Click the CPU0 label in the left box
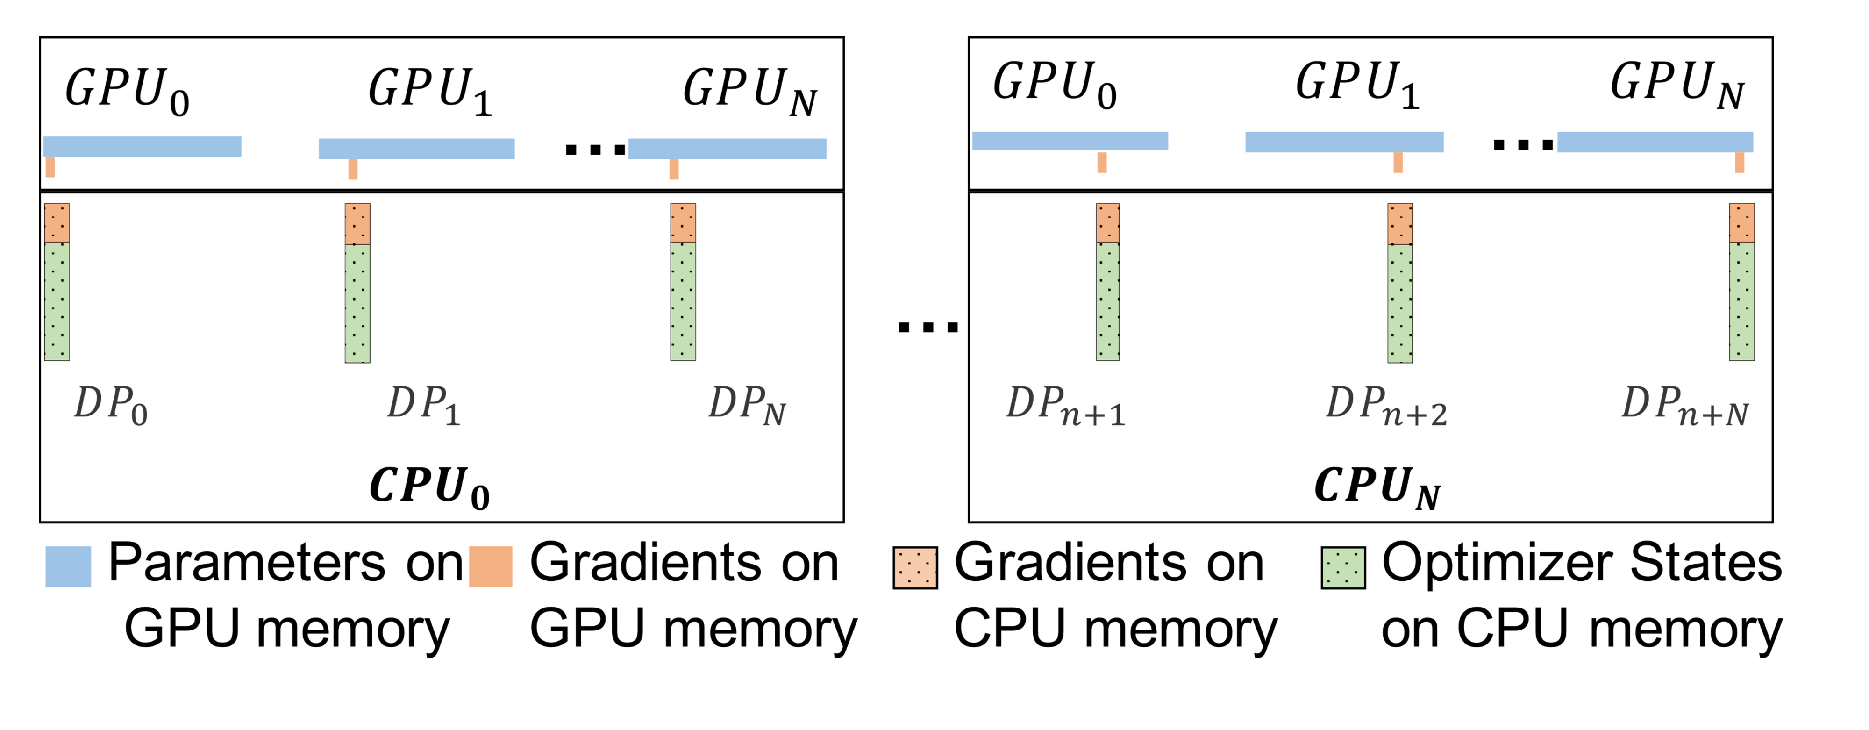[x=429, y=486]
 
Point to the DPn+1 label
[x=1065, y=407]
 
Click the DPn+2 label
[x=1386, y=407]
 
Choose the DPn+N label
[x=1685, y=407]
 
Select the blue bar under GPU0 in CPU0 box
[x=142, y=147]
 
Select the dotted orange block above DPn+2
[x=1399, y=223]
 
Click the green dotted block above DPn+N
[x=1741, y=301]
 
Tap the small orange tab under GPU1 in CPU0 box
[x=353, y=169]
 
